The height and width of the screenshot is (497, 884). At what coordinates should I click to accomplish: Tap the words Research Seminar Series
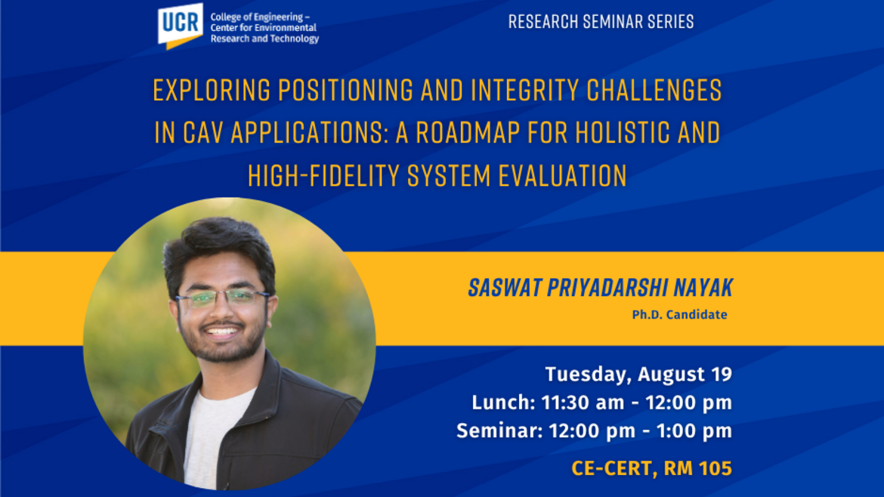601,22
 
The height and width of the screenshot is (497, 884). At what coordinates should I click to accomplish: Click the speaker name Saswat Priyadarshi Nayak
600,288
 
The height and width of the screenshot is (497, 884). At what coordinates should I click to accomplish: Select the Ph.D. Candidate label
679,315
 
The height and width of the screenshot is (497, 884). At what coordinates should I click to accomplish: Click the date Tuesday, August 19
638,374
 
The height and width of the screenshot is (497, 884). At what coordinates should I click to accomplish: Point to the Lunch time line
601,403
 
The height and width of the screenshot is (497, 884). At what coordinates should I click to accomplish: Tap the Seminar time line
594,431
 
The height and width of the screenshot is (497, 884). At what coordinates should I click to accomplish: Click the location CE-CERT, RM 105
651,468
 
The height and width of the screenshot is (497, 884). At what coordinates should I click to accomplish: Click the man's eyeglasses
222,298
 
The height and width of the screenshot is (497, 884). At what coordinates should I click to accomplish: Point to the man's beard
219,349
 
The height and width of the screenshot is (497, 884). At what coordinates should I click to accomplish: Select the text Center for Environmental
263,28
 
